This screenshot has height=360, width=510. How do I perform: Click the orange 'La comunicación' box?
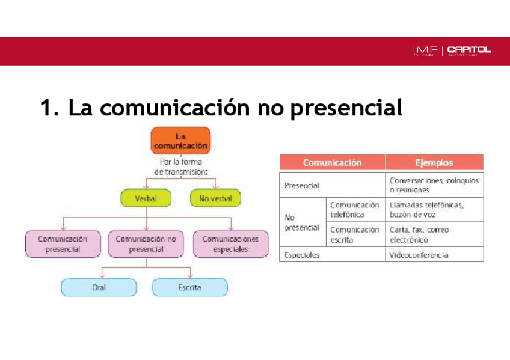coord(180,141)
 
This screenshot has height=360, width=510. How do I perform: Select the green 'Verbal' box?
coord(147,198)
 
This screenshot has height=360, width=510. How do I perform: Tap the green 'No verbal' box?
coord(215,198)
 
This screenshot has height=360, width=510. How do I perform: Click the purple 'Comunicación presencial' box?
coord(63,244)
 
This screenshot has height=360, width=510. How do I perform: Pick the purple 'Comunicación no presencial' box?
coord(146,244)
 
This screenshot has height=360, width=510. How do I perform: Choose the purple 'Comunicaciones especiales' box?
coord(230,244)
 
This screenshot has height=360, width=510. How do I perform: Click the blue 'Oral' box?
coord(99,288)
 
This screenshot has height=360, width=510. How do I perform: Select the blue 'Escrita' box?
coord(189,288)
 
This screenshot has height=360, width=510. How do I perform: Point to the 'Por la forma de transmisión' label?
coord(180,166)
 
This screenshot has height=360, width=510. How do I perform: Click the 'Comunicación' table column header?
coord(332,162)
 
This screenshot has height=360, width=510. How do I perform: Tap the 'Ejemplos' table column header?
coord(434,162)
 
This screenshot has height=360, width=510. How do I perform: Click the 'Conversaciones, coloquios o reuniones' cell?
coord(434,185)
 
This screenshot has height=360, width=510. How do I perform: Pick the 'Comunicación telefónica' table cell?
coord(355,209)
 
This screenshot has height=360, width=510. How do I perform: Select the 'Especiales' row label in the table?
coord(302,255)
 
